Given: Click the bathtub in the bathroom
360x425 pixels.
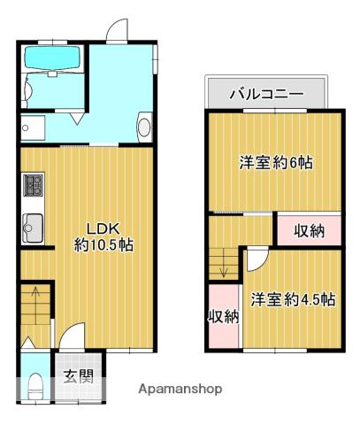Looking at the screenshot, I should tap(52, 58).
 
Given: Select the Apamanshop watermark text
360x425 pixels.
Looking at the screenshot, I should tap(180, 389).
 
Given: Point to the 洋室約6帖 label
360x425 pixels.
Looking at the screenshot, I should tap(276, 163).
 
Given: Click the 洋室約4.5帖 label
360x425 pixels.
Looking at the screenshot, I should tap(292, 299).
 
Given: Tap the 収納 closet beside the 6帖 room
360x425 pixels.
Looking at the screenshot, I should tap(309, 230).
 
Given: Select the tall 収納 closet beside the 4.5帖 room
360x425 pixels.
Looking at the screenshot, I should tap(224, 316).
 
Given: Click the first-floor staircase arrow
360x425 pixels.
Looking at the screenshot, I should tap(34, 301).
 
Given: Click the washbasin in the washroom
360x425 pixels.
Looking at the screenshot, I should tap(144, 127).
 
